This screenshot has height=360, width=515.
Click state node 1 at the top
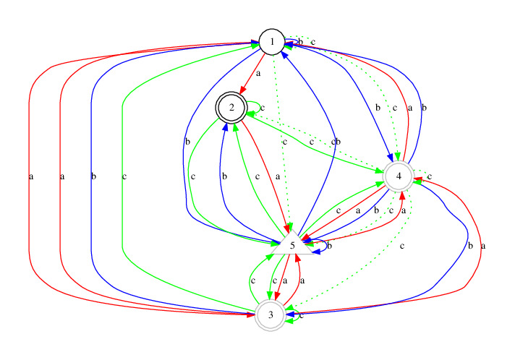[x=271, y=43]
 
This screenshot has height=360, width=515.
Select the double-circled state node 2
[x=232, y=108]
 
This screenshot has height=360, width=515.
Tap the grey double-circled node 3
[x=270, y=316]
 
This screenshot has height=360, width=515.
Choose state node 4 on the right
[x=399, y=176]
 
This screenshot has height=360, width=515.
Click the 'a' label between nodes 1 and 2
[x=258, y=73]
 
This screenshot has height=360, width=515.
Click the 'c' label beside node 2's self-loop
[x=262, y=108]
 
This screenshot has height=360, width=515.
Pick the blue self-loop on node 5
[x=321, y=247]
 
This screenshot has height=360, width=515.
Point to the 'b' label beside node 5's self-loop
[x=329, y=247]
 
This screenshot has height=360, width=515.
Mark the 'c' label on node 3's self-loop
[x=301, y=315]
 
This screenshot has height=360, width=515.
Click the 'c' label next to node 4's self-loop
[x=430, y=176]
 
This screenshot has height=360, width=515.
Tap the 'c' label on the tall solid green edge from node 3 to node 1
[x=125, y=176]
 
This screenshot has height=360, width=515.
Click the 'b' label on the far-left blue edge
[x=94, y=176]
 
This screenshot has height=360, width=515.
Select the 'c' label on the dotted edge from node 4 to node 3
[x=402, y=247]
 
